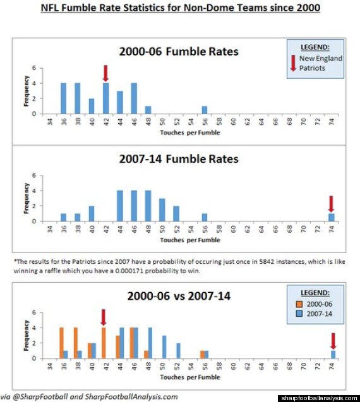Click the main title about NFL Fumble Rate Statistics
[x=181, y=8]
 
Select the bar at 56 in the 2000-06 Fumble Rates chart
[x=205, y=110]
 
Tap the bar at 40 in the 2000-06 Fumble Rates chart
[x=92, y=106]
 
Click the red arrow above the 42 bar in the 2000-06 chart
[x=105, y=73]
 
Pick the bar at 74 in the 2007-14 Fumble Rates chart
[x=332, y=217]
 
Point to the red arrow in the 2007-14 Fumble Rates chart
[x=331, y=204]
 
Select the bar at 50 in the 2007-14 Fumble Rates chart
[x=162, y=210]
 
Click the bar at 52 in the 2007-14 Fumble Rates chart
[x=176, y=213]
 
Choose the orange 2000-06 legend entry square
[x=299, y=304]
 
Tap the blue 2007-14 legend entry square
[x=299, y=314]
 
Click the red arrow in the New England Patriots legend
[x=293, y=63]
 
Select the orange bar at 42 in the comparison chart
[x=104, y=343]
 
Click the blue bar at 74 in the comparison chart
[x=333, y=355]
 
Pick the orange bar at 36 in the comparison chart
[x=62, y=343]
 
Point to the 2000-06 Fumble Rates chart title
[x=179, y=51]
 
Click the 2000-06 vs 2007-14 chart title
[x=179, y=296]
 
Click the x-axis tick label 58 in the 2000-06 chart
[x=219, y=122]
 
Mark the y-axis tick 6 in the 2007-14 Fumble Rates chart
[x=34, y=175]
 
